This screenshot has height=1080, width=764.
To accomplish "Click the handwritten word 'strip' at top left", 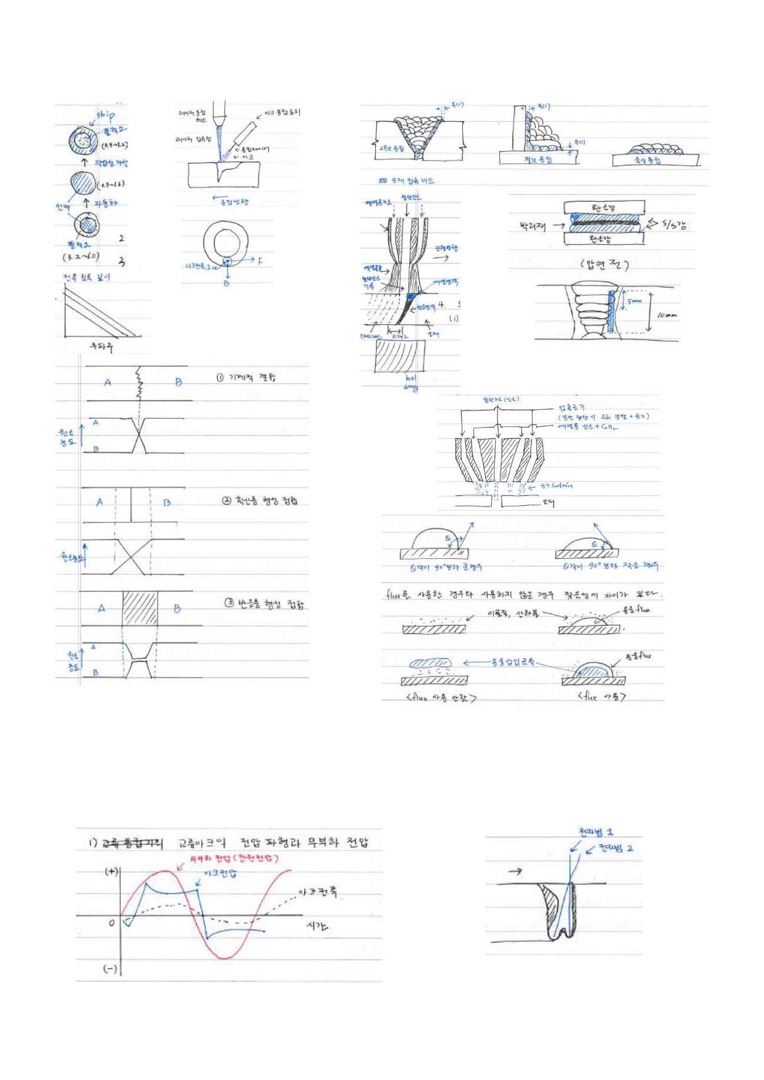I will (x=105, y=115).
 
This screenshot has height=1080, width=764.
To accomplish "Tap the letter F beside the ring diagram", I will (x=260, y=261).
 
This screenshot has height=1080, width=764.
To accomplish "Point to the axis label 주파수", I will (x=101, y=346).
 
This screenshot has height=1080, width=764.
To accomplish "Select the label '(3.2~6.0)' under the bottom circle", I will (x=81, y=256).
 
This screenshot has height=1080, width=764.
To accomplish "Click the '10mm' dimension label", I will (x=666, y=315).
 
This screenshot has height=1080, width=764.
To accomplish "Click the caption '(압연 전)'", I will (x=604, y=265).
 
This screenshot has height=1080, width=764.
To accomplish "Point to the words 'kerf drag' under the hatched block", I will (x=411, y=384).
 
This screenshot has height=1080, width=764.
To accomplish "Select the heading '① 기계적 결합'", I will (x=245, y=377).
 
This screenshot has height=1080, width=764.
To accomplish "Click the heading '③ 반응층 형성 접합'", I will (x=265, y=604).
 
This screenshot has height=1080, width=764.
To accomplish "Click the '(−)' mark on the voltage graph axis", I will (x=111, y=969).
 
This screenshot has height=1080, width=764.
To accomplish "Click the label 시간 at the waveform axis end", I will (x=318, y=926).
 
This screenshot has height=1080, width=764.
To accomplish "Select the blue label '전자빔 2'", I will (x=616, y=849).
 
